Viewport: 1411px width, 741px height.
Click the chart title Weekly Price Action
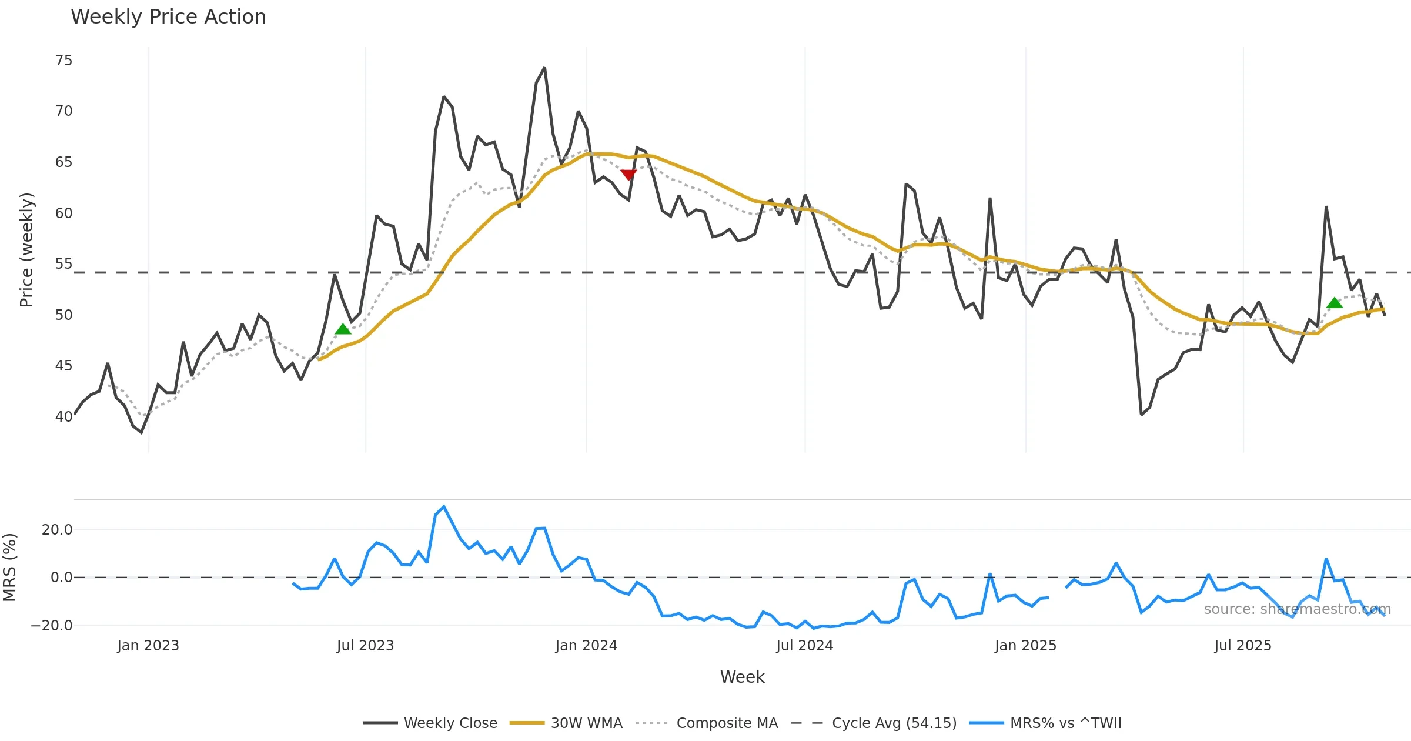tap(168, 17)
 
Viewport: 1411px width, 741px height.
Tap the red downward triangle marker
tap(628, 175)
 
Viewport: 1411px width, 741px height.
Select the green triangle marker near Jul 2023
tap(343, 329)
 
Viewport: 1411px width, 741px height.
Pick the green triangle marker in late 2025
tap(1335, 303)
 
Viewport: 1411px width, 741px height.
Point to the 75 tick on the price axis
tap(63, 61)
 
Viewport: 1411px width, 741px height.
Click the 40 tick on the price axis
tap(63, 417)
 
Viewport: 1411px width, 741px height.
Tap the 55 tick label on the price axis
tap(63, 264)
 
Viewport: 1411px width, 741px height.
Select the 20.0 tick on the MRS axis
tap(57, 530)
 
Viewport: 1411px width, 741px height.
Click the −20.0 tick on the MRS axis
tap(52, 626)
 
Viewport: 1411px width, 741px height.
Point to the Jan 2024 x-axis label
tap(586, 646)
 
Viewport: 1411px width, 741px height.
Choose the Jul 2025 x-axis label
tap(1243, 646)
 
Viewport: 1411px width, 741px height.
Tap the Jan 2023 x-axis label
tap(148, 646)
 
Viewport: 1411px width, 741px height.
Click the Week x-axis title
tap(742, 677)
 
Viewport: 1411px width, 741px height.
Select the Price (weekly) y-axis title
tap(26, 250)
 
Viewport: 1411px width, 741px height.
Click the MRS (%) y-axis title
tap(10, 568)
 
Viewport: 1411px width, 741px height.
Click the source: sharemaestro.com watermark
tap(1297, 609)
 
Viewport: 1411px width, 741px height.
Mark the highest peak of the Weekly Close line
tap(544, 68)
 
